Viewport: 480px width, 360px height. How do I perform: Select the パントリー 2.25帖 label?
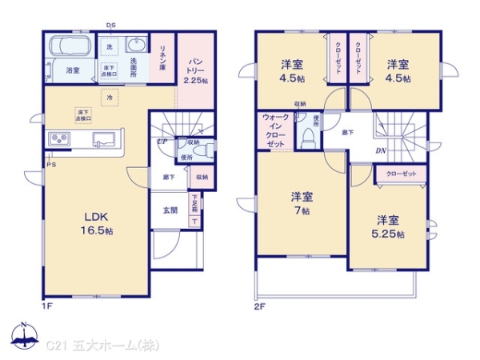pyautogui.click(x=194, y=70)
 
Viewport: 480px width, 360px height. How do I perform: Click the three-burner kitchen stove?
pyautogui.click(x=61, y=139)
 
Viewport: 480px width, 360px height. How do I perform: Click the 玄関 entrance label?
pyautogui.click(x=171, y=211)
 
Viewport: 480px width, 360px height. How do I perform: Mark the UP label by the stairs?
pyautogui.click(x=162, y=142)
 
